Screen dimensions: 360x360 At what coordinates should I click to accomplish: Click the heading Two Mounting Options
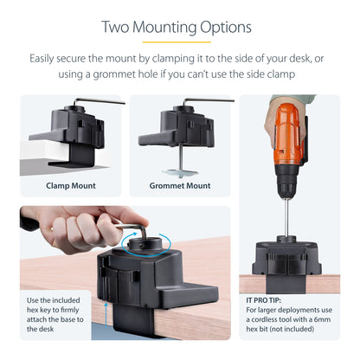coord(177,27)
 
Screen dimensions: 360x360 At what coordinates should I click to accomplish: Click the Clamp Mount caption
coord(71,185)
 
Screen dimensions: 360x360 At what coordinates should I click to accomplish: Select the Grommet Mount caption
coord(180,185)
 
